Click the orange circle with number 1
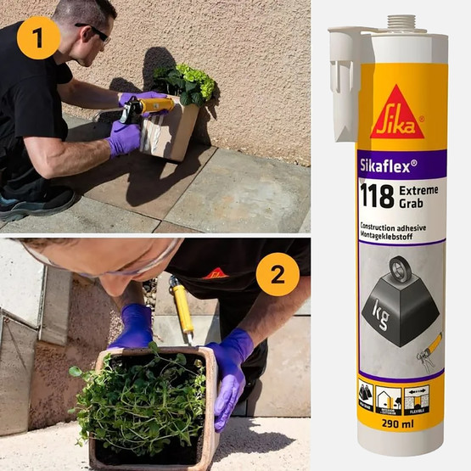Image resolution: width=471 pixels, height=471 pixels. [x=38, y=37]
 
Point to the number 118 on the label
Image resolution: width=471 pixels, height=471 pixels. [x=376, y=195]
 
